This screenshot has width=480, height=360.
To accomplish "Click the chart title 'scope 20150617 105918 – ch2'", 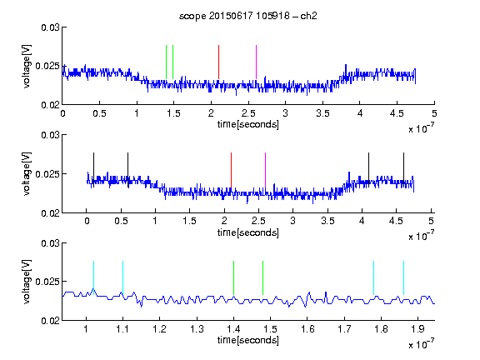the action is pyautogui.click(x=248, y=16).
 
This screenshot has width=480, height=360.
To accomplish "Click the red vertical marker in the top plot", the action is pyautogui.click(x=218, y=62).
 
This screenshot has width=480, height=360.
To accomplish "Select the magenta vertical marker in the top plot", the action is pyautogui.click(x=256, y=62).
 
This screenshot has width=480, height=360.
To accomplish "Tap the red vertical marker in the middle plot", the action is pyautogui.click(x=231, y=170).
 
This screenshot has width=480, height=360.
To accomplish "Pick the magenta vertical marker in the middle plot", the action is pyautogui.click(x=265, y=170).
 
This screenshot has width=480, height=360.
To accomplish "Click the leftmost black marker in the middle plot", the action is pyautogui.click(x=93, y=170).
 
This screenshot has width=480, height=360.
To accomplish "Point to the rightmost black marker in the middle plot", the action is pyautogui.click(x=403, y=170).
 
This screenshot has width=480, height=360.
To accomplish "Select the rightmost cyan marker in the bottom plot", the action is pyautogui.click(x=403, y=278).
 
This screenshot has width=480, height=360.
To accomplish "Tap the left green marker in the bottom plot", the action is pyautogui.click(x=233, y=278).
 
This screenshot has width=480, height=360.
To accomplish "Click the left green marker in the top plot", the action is pyautogui.click(x=166, y=62).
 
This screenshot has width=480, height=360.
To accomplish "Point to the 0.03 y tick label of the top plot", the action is pyautogui.click(x=50, y=27).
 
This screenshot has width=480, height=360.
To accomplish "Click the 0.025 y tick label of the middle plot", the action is pyautogui.click(x=47, y=174).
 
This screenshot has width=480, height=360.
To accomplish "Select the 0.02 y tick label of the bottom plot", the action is pyautogui.click(x=50, y=321).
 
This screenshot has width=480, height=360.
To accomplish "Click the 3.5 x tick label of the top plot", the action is pyautogui.click(x=322, y=113).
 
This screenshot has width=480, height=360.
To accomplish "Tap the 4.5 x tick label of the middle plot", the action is pyautogui.click(x=396, y=221).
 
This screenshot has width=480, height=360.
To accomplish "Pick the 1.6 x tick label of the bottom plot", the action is pyautogui.click(x=307, y=329).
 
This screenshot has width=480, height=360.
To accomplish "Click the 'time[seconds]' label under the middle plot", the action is pyautogui.click(x=248, y=232).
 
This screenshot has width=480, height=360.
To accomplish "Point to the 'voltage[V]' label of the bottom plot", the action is pyautogui.click(x=27, y=282).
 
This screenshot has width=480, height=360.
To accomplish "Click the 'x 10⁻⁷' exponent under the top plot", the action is pyautogui.click(x=421, y=128).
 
